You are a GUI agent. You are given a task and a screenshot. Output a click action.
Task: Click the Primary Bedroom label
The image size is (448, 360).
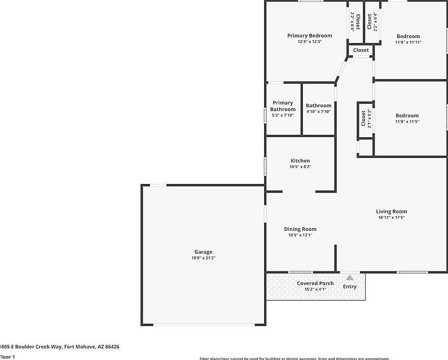pyautogui.click(x=309, y=36)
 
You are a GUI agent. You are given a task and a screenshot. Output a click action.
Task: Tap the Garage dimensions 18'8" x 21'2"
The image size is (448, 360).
pyautogui.click(x=203, y=258)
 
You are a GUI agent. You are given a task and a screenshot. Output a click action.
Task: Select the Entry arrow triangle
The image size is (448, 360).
pyautogui.click(x=350, y=278)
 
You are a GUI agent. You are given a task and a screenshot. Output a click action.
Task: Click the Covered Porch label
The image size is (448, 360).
pyautogui.click(x=315, y=283)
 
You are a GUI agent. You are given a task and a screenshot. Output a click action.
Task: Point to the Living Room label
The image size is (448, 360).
pyautogui.click(x=391, y=212)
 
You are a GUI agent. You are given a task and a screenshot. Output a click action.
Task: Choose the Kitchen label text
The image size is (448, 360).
pyautogui.click(x=300, y=161)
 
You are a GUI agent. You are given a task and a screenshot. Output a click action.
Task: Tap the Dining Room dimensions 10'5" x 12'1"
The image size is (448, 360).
pyautogui.click(x=300, y=235)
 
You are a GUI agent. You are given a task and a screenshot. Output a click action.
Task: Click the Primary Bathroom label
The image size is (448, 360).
pyautogui.click(x=283, y=106)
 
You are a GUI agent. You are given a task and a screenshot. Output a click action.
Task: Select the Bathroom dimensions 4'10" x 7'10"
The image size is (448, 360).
pyautogui.click(x=318, y=112)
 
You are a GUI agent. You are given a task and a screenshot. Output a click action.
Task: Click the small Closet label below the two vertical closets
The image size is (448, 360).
pyautogui.click(x=361, y=50)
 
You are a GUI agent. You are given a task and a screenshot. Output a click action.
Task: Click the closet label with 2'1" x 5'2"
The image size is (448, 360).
pyautogui.click(x=363, y=119)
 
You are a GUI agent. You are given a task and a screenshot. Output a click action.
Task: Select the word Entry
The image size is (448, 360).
pyautogui.click(x=350, y=287)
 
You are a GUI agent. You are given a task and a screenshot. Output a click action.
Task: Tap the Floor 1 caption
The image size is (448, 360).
pyautogui.click(x=7, y=357)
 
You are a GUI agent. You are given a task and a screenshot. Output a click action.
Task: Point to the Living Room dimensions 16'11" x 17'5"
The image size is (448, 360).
pyautogui.click(x=391, y=218)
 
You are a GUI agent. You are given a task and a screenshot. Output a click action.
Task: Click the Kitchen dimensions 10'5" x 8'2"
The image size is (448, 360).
pyautogui.click(x=300, y=167)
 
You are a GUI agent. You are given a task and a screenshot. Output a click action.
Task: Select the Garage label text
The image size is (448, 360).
pyautogui.click(x=203, y=252)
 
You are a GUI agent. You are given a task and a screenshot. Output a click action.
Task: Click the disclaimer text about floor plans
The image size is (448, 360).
pyautogui.click(x=294, y=358)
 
